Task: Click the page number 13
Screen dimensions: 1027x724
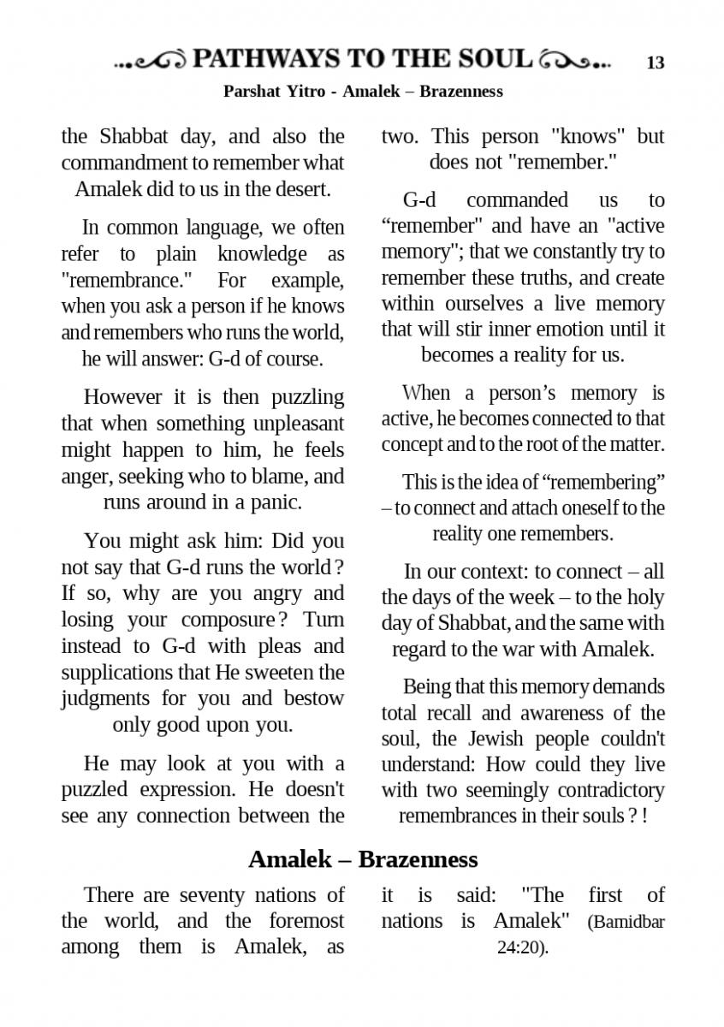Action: (656, 62)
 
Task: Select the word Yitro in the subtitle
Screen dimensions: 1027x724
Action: (302, 91)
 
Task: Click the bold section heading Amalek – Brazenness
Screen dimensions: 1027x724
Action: (362, 858)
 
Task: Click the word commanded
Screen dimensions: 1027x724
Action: (517, 200)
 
